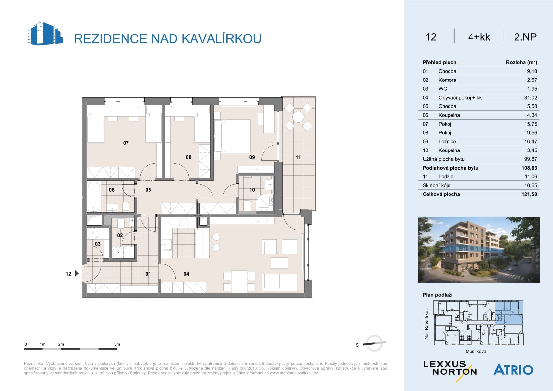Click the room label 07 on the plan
tap(126, 143)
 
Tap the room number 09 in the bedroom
tap(252, 157)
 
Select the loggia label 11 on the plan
tap(298, 157)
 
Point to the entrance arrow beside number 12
tap(77, 273)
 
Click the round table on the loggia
tap(298, 117)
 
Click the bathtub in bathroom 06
tap(94, 197)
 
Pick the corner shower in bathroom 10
tap(265, 202)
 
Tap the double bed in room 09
tap(236, 136)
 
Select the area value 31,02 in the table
tap(531, 98)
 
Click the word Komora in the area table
tap(447, 80)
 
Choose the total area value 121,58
tap(529, 194)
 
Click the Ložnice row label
tap(447, 141)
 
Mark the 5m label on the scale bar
tap(117, 344)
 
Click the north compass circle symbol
tap(374, 343)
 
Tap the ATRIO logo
tap(513, 369)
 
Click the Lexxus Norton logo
tap(450, 370)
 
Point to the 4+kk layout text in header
tap(479, 37)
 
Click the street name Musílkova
tap(476, 351)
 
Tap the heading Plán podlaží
tap(437, 295)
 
